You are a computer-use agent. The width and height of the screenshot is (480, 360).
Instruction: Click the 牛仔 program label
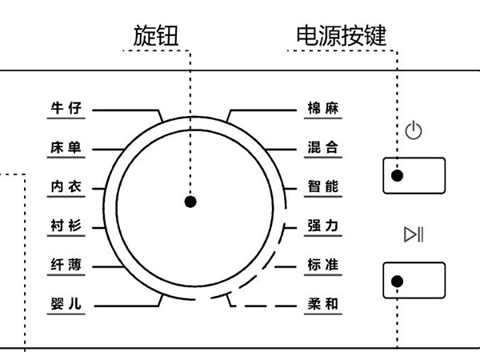[x=66, y=108]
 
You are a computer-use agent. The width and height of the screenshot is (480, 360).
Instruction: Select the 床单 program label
[x=66, y=147]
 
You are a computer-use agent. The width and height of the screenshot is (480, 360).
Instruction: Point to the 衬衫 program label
[x=66, y=226]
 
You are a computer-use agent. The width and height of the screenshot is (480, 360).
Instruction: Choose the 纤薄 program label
[x=66, y=265]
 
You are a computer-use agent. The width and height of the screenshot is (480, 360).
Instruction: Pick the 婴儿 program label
[x=66, y=304]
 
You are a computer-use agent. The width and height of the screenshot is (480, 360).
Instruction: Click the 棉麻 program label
[x=323, y=108]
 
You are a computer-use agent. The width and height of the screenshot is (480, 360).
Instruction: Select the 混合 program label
[x=323, y=147]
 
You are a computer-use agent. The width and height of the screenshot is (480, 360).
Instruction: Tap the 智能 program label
[x=323, y=186]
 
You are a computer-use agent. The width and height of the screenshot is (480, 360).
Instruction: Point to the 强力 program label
[x=323, y=226]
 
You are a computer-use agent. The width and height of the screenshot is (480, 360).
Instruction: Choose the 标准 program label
[x=323, y=265]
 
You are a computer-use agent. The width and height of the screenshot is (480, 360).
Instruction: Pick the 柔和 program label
[x=323, y=304]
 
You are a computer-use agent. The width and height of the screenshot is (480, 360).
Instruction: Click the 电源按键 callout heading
[x=342, y=34]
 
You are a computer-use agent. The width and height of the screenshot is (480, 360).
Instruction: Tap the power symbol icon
[x=414, y=130]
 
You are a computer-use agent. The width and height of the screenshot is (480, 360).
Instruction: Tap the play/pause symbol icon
[x=414, y=234]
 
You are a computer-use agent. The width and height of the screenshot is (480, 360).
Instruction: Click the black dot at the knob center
[x=190, y=202]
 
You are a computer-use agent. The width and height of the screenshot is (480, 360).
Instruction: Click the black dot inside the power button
[x=398, y=176]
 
